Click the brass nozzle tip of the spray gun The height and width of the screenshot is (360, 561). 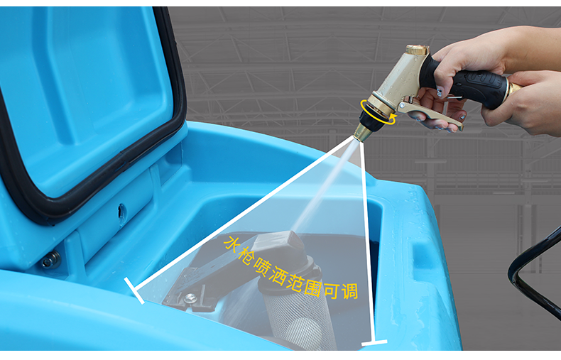pyautogui.click(x=362, y=133)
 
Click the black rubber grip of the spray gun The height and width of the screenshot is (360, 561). pyautogui.click(x=465, y=84)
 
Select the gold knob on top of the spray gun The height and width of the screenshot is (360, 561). pyautogui.click(x=417, y=50)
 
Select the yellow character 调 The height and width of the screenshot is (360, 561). pyautogui.click(x=349, y=290)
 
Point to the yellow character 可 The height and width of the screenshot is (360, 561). pyautogui.click(x=332, y=290)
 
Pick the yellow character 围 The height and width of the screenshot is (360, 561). pyautogui.click(x=312, y=288)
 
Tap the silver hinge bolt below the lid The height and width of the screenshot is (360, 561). pyautogui.click(x=51, y=260)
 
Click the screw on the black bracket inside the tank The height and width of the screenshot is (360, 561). pyautogui.click(x=190, y=298)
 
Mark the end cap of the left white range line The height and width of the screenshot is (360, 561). pyautogui.click(x=134, y=290)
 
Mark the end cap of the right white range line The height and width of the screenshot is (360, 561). pyautogui.click(x=374, y=342)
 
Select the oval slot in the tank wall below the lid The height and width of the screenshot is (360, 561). pyautogui.click(x=122, y=214)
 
